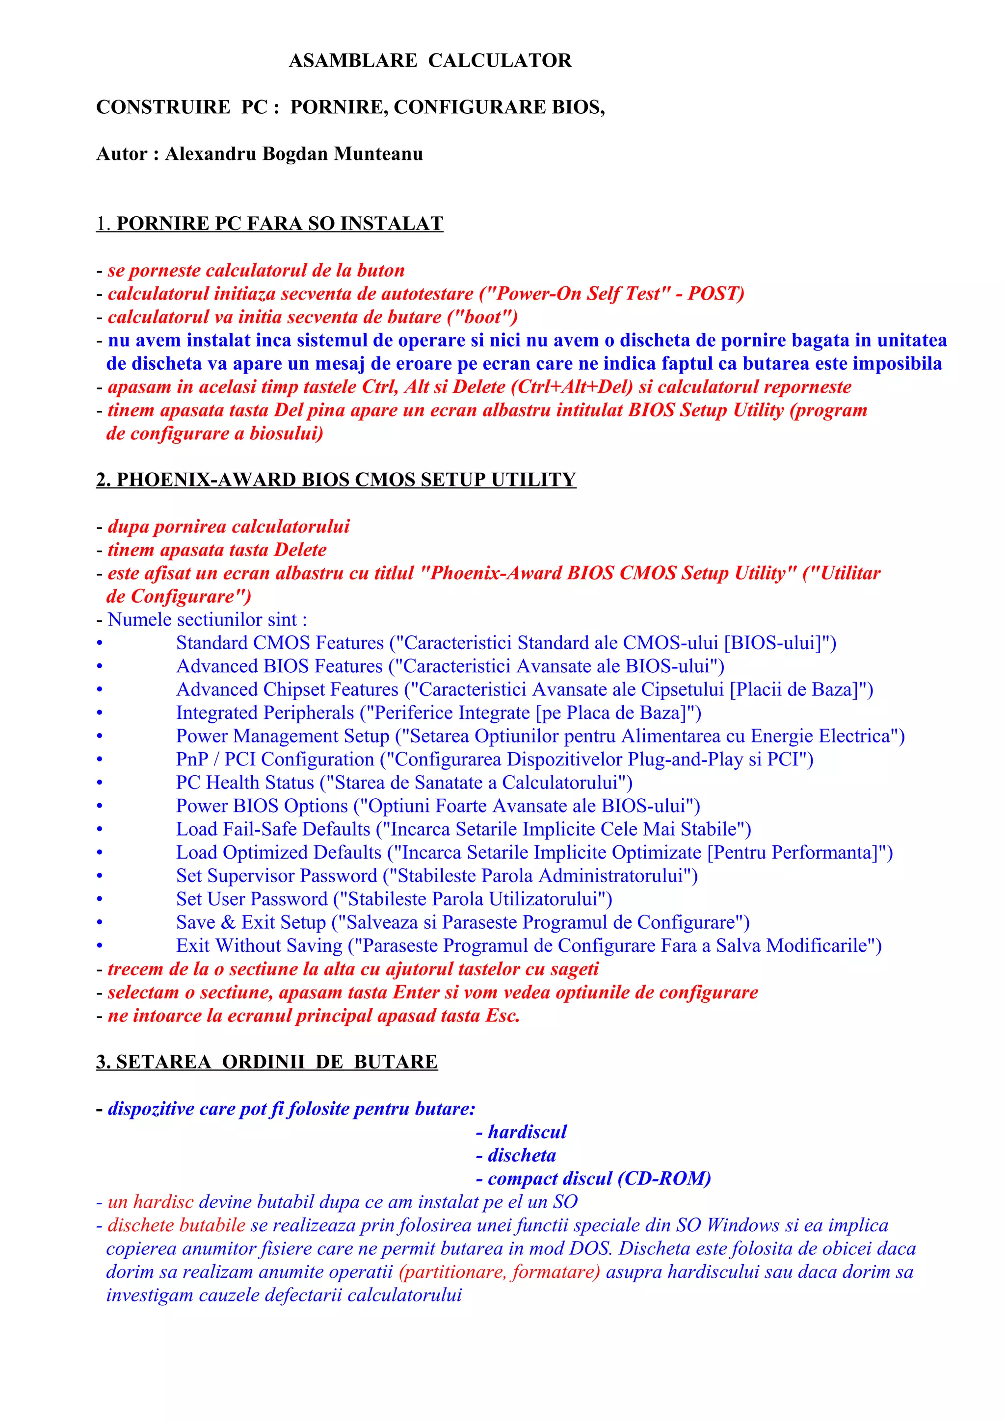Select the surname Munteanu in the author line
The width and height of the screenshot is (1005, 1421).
point(378,153)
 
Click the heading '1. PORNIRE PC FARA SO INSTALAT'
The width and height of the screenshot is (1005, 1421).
point(270,224)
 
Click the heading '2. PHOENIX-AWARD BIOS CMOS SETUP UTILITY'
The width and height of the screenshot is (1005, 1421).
point(336,480)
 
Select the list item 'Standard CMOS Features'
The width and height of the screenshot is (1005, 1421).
point(280,643)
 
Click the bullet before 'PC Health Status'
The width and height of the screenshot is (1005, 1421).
point(100,783)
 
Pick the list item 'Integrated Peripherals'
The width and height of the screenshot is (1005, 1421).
point(265,713)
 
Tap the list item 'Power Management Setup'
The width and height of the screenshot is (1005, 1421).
point(282,736)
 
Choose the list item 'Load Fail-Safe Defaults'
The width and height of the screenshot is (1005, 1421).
point(273,829)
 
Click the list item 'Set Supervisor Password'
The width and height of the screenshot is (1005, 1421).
point(276,876)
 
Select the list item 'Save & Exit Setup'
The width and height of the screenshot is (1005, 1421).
point(251,923)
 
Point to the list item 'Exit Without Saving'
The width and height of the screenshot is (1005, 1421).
point(259,946)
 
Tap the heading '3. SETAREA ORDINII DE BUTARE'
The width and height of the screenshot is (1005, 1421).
point(267,1062)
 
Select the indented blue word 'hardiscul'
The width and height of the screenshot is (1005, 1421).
point(527,1132)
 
